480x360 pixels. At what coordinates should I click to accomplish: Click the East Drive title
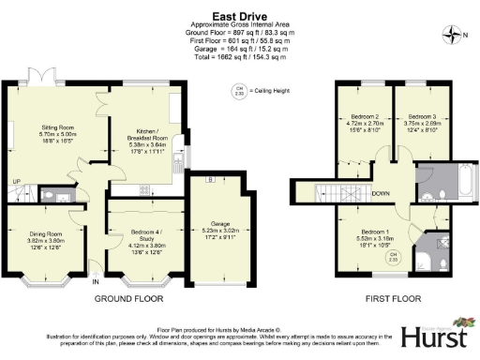(239, 16)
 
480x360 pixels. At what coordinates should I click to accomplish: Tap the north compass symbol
(455, 36)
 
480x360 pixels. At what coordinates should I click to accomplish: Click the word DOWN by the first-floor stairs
(380, 194)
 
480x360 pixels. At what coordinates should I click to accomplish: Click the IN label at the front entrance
(96, 279)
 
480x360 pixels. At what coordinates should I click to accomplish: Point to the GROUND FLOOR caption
(130, 300)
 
